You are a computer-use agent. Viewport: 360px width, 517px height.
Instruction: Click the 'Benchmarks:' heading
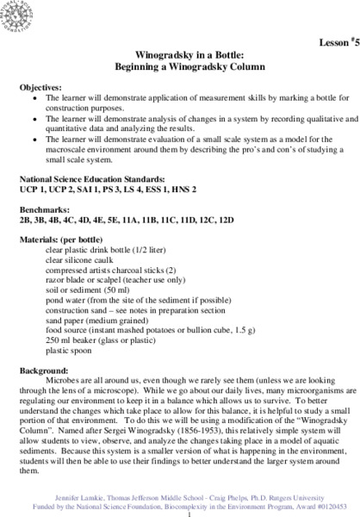[x=41, y=209]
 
